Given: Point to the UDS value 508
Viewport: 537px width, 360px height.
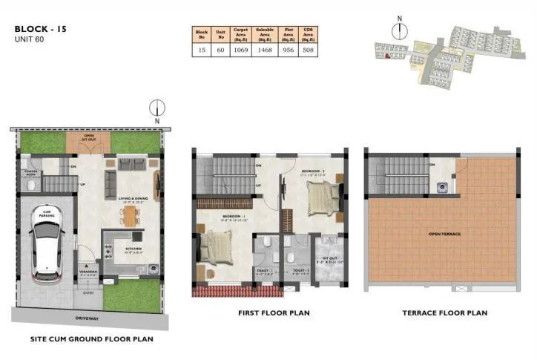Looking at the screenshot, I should point(311,50).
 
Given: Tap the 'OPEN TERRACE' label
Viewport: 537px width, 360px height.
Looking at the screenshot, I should point(444,234).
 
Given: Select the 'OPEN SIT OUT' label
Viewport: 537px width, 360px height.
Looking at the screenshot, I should point(88,137).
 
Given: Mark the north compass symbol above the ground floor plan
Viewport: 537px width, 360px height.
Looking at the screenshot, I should point(157,110).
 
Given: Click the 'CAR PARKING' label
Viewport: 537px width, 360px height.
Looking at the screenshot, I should point(47,212).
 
